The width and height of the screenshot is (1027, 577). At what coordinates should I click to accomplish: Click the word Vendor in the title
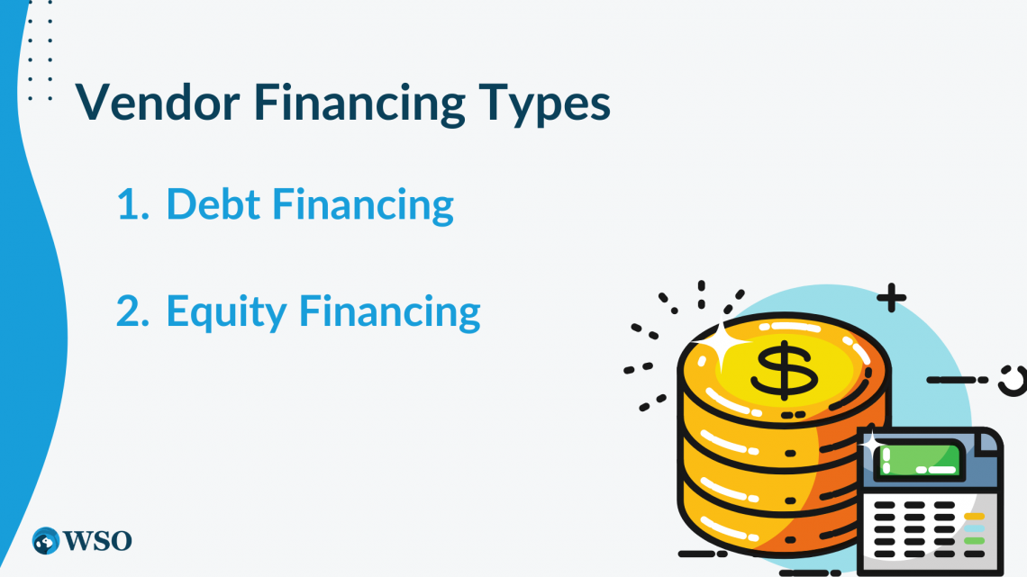coord(158,102)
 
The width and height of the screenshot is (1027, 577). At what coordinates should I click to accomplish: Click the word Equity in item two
coord(227,312)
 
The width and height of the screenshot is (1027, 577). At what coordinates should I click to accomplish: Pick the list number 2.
coord(132,311)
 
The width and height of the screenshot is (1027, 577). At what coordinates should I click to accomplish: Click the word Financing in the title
coord(359,104)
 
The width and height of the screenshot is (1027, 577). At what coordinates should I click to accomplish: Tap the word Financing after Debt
coord(363,206)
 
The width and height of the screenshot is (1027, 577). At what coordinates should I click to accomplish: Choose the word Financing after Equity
coord(390,312)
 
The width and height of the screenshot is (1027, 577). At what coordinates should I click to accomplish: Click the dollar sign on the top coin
coord(784,370)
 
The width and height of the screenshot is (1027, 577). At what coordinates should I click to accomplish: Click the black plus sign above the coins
coord(892,298)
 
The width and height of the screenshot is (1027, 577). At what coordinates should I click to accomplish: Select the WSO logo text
coord(97,541)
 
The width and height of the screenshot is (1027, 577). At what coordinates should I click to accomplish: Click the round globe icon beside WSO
coord(46,541)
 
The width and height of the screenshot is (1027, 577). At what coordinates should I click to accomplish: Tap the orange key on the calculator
coord(974,516)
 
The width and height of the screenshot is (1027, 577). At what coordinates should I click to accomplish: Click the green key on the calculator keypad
coord(974,541)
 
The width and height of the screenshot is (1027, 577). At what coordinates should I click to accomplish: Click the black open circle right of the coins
coord(1013,381)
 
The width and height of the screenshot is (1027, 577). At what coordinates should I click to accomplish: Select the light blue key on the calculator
coord(974,528)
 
